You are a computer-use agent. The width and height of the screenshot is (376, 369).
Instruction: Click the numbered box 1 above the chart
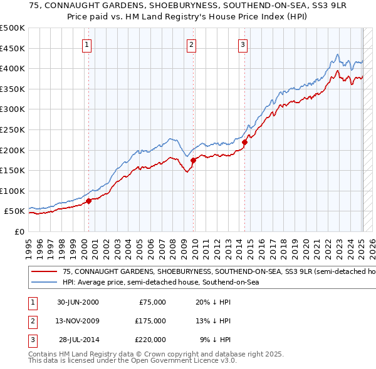(86, 44)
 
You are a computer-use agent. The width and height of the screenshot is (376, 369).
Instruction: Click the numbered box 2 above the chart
(191, 44)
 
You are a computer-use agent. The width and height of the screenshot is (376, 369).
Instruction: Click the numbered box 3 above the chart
(243, 44)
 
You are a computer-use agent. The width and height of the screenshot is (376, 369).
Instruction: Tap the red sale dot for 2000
(89, 201)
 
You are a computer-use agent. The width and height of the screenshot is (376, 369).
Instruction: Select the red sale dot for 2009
(193, 160)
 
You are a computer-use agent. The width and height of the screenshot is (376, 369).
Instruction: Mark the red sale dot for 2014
(245, 142)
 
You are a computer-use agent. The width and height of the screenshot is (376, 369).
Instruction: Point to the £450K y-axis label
(13, 48)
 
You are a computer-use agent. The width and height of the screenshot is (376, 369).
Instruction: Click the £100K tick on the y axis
(13, 191)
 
